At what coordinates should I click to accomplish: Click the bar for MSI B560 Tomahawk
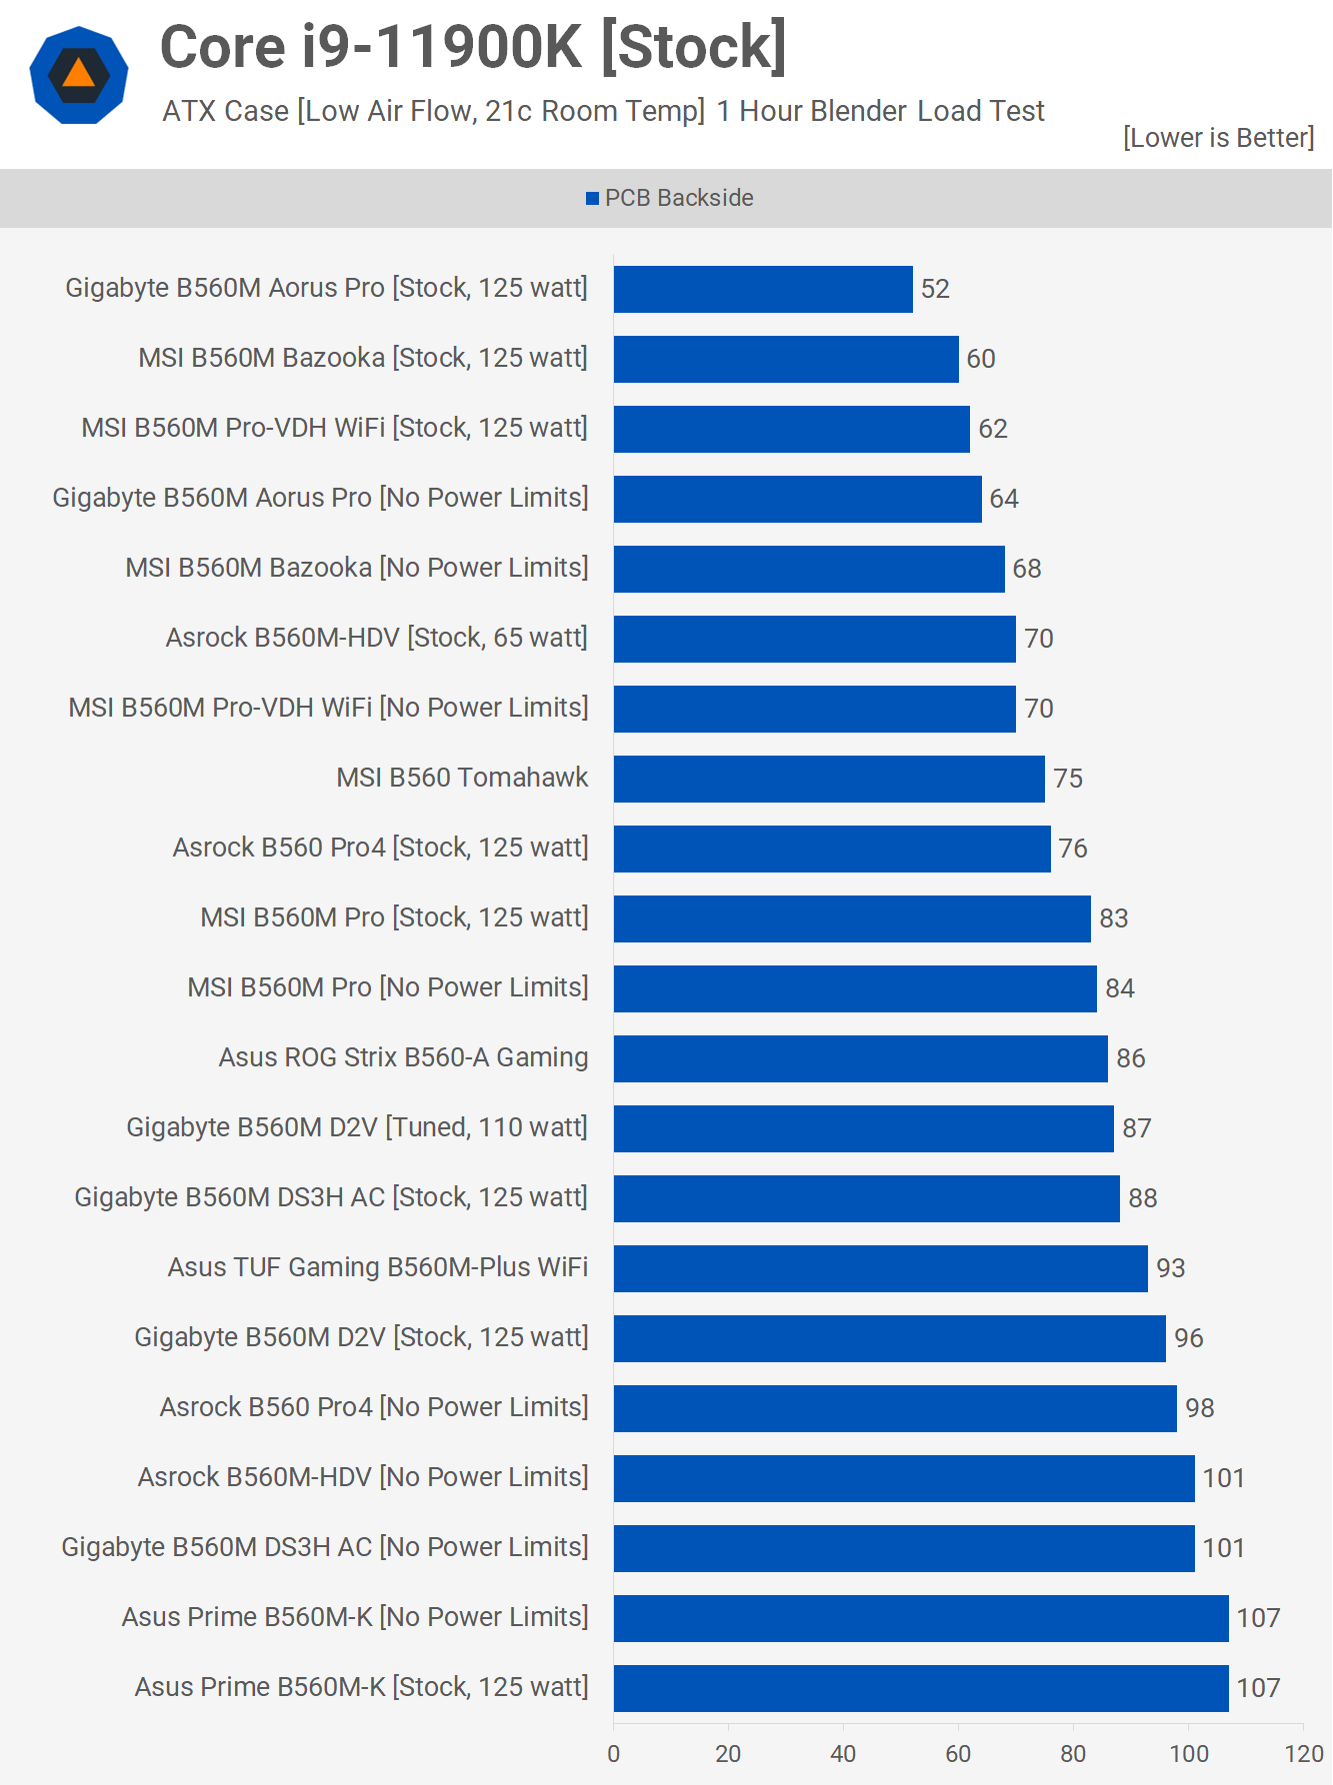pos(829,779)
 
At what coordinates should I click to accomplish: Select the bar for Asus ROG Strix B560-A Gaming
pos(860,1058)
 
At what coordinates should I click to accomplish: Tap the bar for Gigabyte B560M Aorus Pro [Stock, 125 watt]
pos(763,289)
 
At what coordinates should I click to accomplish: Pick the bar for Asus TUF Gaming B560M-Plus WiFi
pos(880,1268)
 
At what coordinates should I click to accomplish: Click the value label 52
pos(935,289)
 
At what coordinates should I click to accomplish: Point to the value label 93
pos(1170,1268)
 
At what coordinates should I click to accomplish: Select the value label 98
pos(1199,1408)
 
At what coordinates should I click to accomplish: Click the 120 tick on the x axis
pos(1304,1754)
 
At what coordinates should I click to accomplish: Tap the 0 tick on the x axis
pos(614,1754)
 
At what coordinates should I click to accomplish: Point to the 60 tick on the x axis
pos(958,1754)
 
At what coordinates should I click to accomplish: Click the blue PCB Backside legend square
pos(592,199)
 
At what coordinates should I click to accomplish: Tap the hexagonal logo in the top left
pos(79,75)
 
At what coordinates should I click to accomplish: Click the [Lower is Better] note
pos(1218,138)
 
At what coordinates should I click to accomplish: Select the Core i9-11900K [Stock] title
pos(473,47)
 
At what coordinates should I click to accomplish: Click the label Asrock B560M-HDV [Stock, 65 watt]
pos(376,638)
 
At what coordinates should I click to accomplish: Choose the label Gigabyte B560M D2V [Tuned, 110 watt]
pos(357,1127)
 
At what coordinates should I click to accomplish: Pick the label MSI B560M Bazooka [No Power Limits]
pos(356,568)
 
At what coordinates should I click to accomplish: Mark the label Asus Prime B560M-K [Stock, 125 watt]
pos(361,1687)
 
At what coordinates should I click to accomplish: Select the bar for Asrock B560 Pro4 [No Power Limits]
pos(895,1408)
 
